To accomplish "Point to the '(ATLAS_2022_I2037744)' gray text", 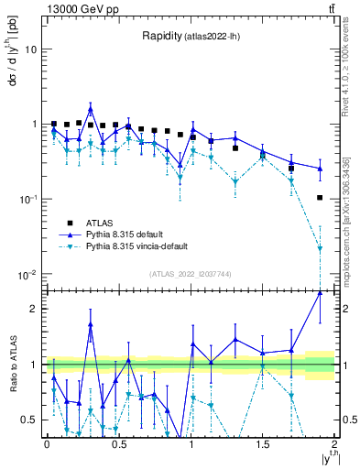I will click(190, 273).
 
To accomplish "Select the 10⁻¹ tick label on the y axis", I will click(27, 200).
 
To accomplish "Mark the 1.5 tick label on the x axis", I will click(262, 444).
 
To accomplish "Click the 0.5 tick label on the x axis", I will click(118, 444).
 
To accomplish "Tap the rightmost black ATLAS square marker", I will click(320, 198).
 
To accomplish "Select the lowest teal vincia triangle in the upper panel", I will click(320, 248).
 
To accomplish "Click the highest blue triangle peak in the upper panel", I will click(91, 106).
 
